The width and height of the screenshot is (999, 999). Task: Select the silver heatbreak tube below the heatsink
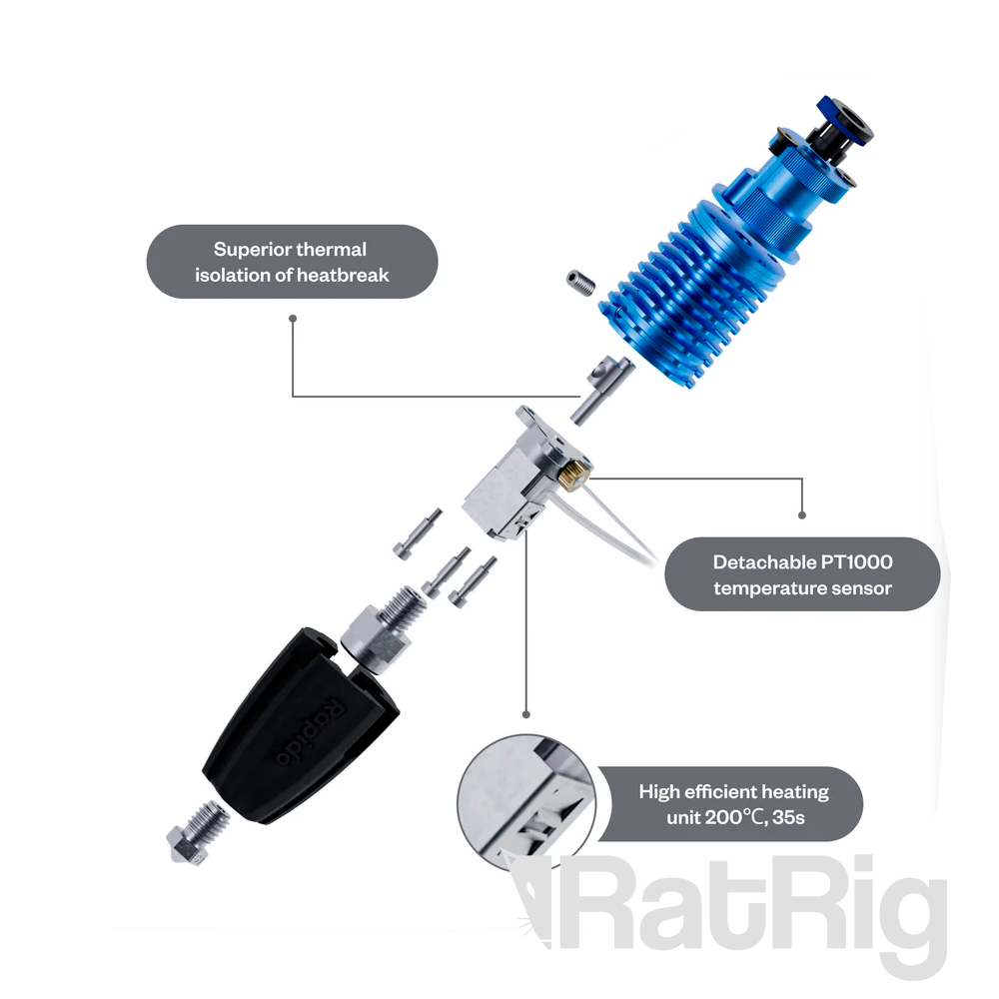pos(600,389)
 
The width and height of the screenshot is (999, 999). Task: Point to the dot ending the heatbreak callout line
pos(293,318)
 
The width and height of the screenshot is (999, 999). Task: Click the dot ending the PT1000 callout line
pos(801,515)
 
